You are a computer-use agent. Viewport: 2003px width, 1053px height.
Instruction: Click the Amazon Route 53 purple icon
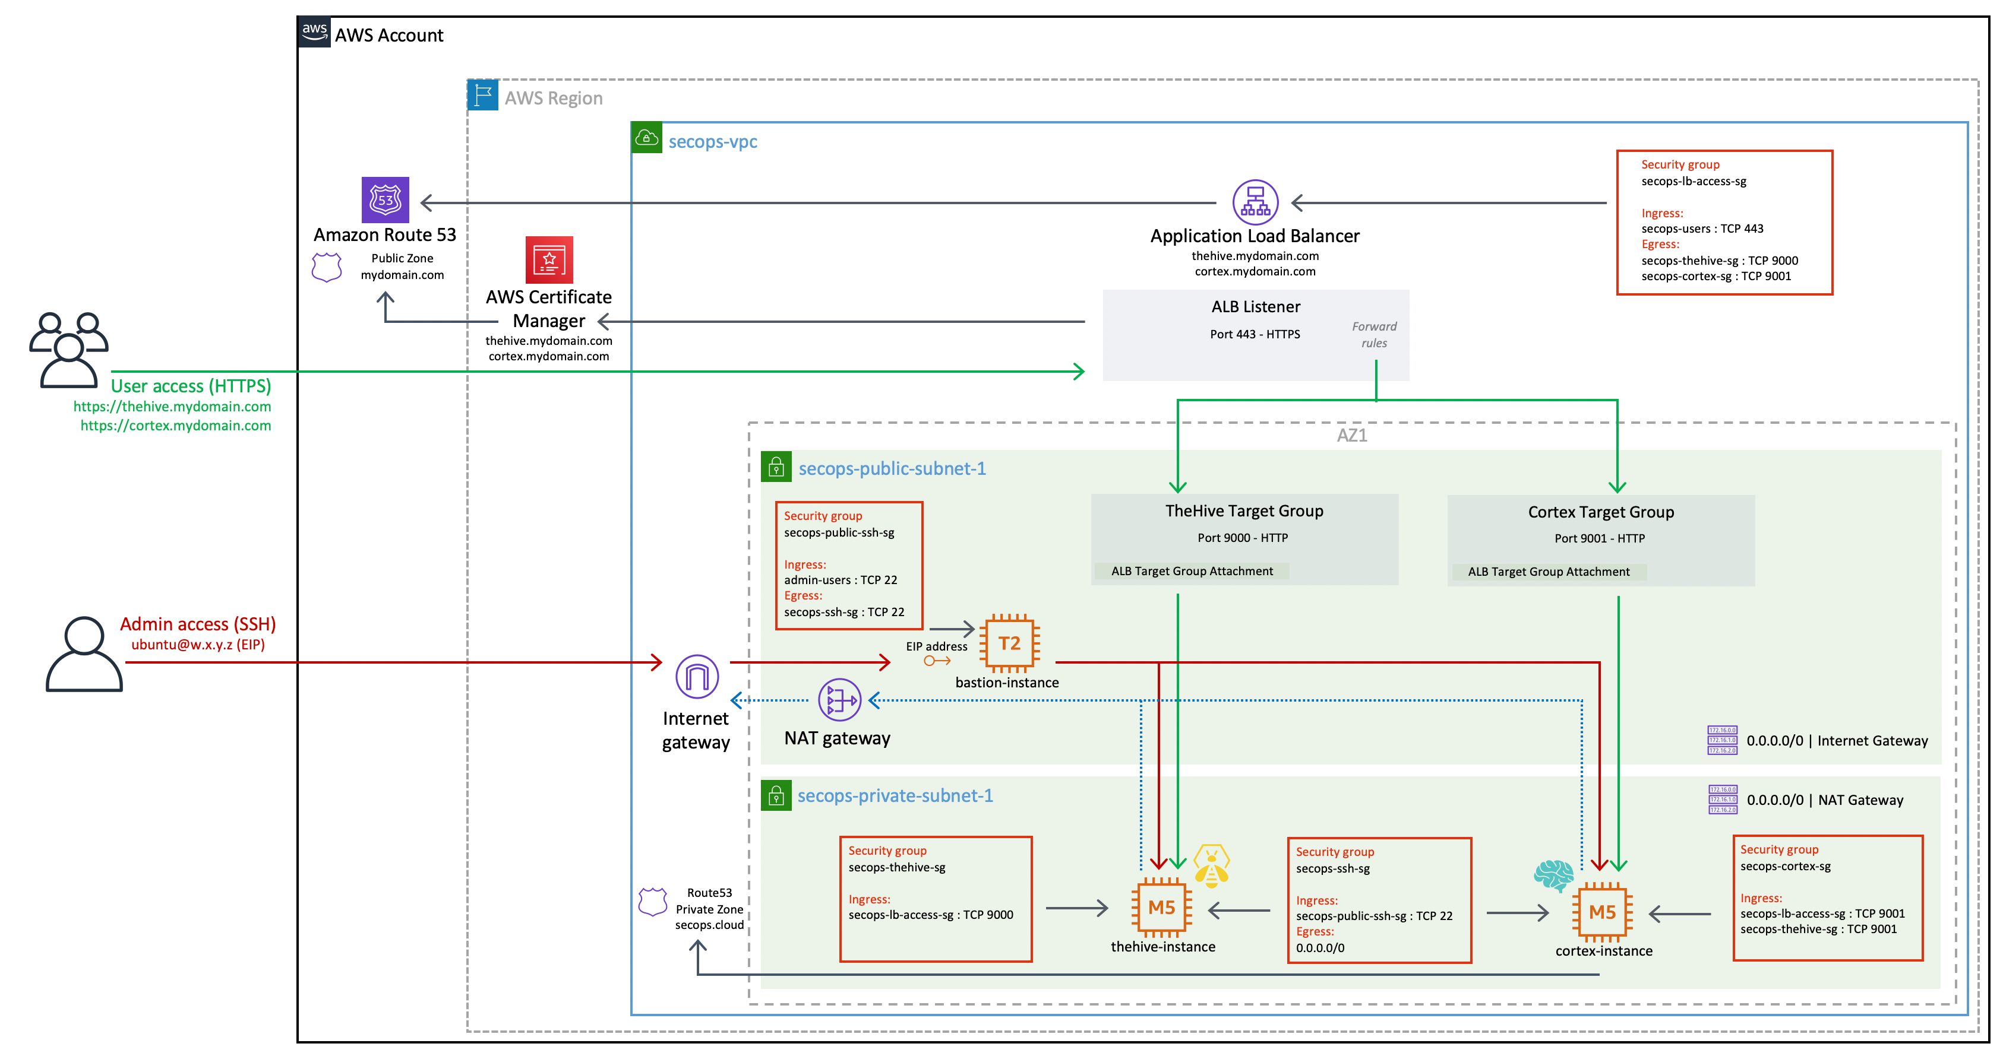pyautogui.click(x=385, y=199)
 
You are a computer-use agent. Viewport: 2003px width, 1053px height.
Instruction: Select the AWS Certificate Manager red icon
pyautogui.click(x=549, y=259)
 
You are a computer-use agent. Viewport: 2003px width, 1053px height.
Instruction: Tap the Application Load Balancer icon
pyautogui.click(x=1255, y=202)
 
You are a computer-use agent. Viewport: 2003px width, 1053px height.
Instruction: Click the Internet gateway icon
pyautogui.click(x=697, y=676)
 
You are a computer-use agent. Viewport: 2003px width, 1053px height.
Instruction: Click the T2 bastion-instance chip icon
pyautogui.click(x=1009, y=643)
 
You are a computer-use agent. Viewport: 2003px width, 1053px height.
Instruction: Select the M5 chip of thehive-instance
pyautogui.click(x=1161, y=907)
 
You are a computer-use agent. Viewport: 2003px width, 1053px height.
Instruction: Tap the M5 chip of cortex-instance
pyautogui.click(x=1602, y=912)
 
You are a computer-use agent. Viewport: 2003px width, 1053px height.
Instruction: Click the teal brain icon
pyautogui.click(x=1553, y=875)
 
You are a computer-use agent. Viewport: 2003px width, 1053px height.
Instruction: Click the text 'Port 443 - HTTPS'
pyautogui.click(x=1254, y=334)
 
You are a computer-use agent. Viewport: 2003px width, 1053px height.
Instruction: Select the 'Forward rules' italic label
pyautogui.click(x=1373, y=335)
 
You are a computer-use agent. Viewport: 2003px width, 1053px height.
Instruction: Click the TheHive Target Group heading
pyautogui.click(x=1243, y=510)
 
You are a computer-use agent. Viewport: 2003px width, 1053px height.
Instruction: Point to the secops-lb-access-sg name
pyautogui.click(x=1693, y=181)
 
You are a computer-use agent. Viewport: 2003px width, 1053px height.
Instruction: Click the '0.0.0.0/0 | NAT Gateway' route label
pyautogui.click(x=1824, y=800)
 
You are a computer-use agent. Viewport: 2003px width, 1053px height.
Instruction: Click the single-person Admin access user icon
pyautogui.click(x=84, y=654)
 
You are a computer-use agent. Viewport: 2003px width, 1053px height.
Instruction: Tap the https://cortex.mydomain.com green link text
pyautogui.click(x=176, y=425)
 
